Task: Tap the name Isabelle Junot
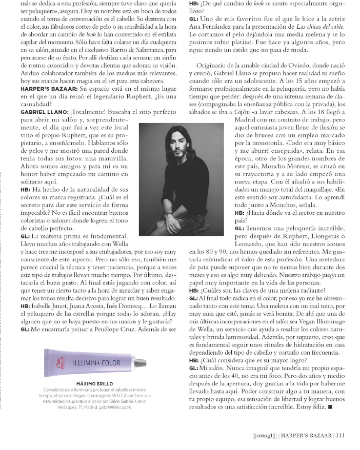(x=51, y=304)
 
